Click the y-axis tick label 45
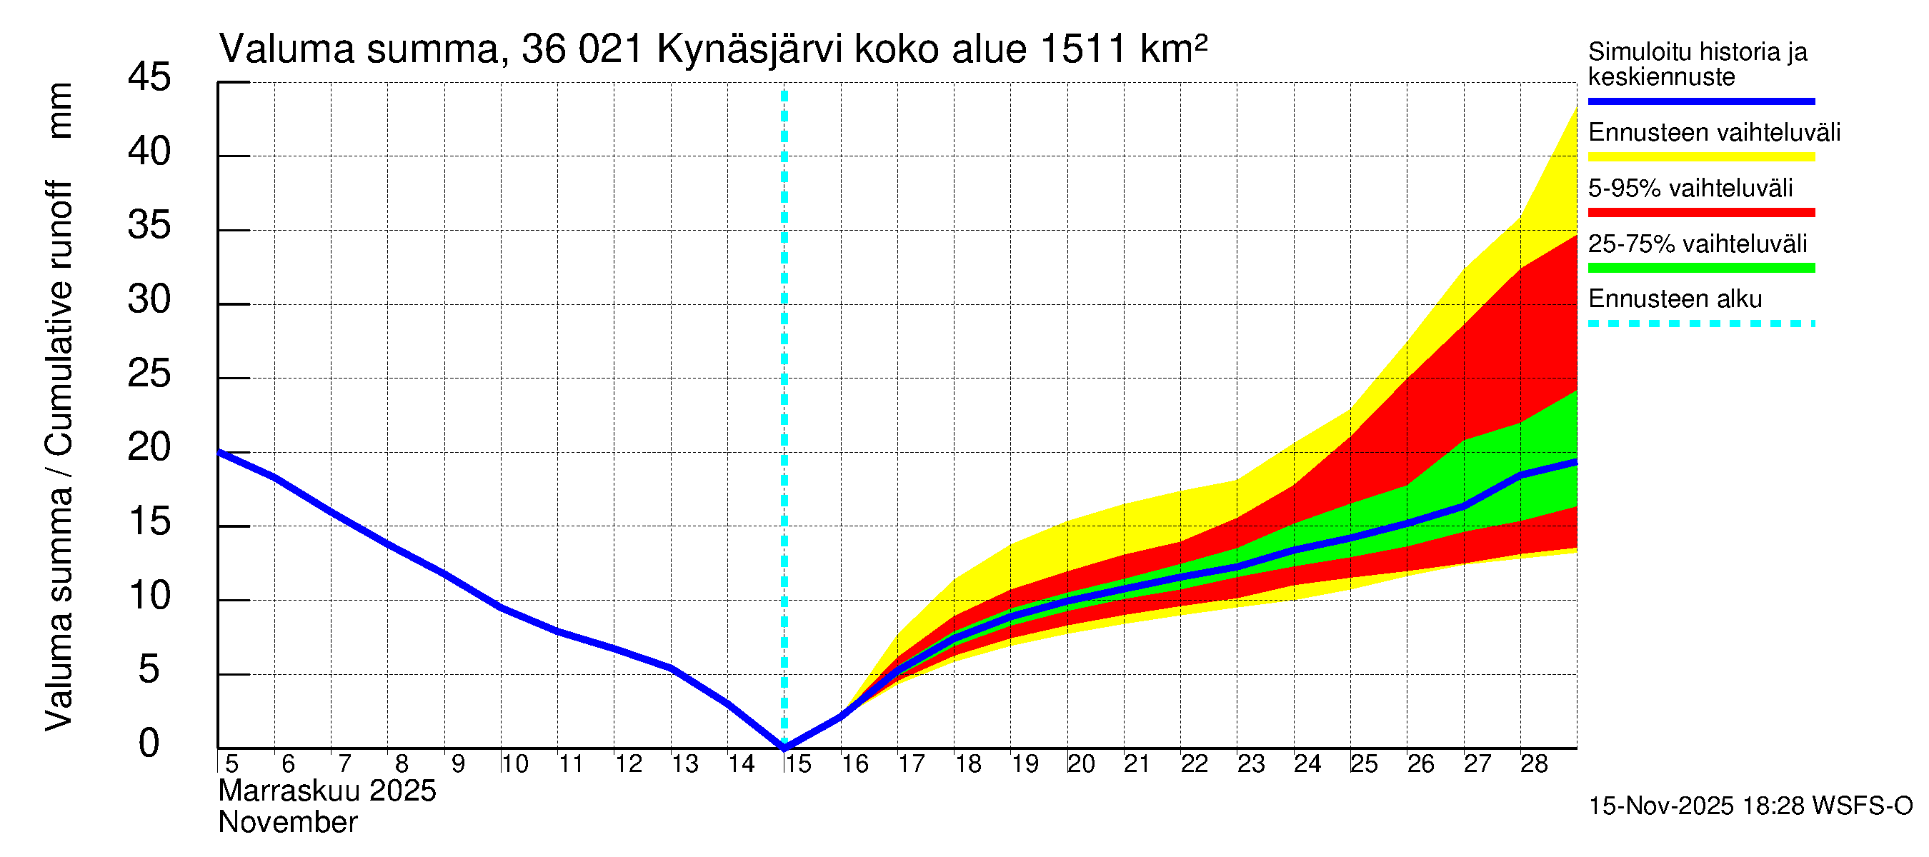(149, 77)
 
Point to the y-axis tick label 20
(149, 448)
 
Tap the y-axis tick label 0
(149, 743)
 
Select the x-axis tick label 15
(797, 764)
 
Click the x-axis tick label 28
(1534, 764)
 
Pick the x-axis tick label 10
(514, 764)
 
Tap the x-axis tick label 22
(1195, 764)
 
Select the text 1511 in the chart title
(1083, 50)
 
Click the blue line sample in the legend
(1700, 101)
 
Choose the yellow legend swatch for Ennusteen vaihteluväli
(1700, 157)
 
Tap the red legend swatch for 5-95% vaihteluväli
(1700, 213)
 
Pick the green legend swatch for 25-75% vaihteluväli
(1700, 268)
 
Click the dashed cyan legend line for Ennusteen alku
(1700, 324)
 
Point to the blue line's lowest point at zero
(784, 746)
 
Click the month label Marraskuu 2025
(327, 791)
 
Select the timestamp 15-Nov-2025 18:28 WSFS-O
(1750, 806)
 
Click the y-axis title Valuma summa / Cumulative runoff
(59, 456)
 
